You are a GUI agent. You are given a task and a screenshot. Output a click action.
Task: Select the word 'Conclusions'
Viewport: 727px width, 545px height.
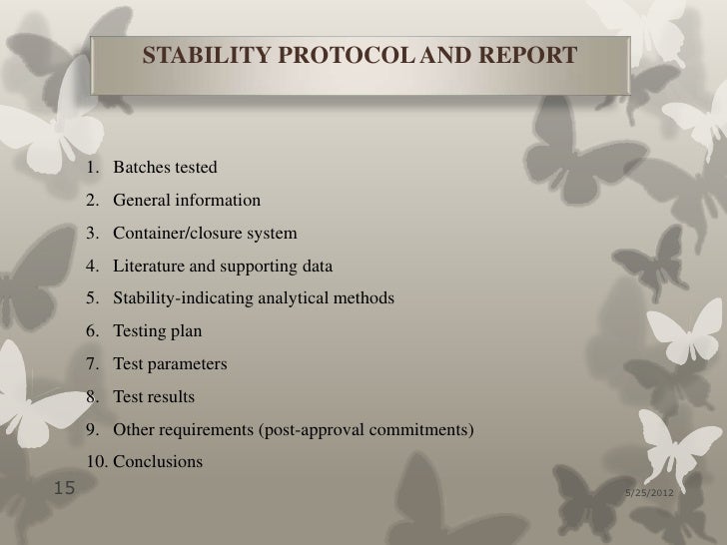[x=158, y=462]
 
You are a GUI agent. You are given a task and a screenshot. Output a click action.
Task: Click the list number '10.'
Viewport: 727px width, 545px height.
[x=97, y=462]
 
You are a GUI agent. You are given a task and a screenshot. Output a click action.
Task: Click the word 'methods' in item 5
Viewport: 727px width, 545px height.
[x=365, y=298]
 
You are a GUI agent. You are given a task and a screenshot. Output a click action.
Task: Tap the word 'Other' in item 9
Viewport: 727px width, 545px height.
[x=134, y=430]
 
